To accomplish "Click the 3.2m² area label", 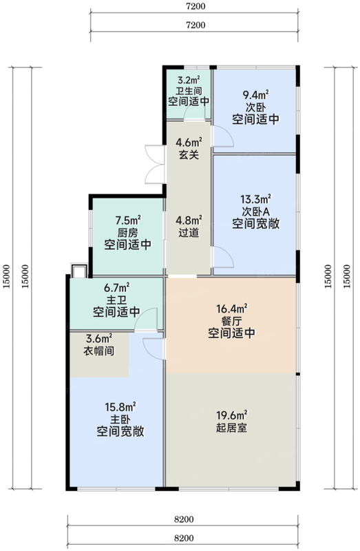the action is pyautogui.click(x=189, y=80).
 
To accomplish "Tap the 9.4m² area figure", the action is pyautogui.click(x=255, y=95).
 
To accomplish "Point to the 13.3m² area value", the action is pyautogui.click(x=255, y=199).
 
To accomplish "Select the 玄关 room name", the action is pyautogui.click(x=189, y=154).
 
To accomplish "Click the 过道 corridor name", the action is pyautogui.click(x=189, y=232).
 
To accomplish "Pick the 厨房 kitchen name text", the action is pyautogui.click(x=128, y=233).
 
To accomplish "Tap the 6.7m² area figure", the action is pyautogui.click(x=116, y=288).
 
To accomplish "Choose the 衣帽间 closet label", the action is pyautogui.click(x=98, y=351).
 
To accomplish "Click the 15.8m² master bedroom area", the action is pyautogui.click(x=120, y=407).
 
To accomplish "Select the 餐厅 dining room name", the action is pyautogui.click(x=231, y=321).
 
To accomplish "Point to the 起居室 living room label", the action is pyautogui.click(x=231, y=428).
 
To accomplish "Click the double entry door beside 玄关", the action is pyautogui.click(x=155, y=164).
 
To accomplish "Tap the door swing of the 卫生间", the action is pyautogui.click(x=194, y=112).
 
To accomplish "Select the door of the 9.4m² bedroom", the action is pyautogui.click(x=222, y=136).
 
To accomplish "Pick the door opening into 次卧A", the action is pyautogui.click(x=222, y=257).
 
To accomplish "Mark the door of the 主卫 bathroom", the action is pyautogui.click(x=146, y=319).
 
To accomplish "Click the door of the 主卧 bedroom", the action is pyautogui.click(x=153, y=349).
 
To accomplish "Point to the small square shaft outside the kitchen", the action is pyautogui.click(x=78, y=271).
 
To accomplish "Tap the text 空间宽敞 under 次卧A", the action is pyautogui.click(x=255, y=224).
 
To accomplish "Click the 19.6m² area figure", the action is pyautogui.click(x=231, y=416).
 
